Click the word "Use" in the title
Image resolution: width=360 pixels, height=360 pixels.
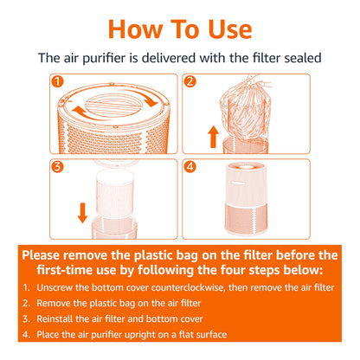coord(229,29)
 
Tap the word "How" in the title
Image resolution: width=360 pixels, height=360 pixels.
coord(136,29)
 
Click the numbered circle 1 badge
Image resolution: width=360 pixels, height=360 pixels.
coord(57,81)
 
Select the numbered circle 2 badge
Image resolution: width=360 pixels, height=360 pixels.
coord(190,81)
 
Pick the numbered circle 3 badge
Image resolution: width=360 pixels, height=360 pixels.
coord(57,167)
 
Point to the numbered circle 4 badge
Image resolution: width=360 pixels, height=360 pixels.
coord(190,167)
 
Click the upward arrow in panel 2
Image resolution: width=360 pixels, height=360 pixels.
coord(213,137)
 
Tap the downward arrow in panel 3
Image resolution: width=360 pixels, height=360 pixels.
coord(83,213)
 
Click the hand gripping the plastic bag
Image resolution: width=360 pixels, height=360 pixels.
coord(258,80)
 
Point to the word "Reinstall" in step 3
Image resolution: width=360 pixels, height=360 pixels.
coord(55,318)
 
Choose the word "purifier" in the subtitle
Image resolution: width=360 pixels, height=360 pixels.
coord(104,59)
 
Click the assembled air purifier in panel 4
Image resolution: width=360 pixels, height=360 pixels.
coord(246,198)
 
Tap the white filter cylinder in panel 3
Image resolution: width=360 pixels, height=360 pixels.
coord(115,194)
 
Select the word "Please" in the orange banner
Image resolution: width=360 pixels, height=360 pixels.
coord(41,255)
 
